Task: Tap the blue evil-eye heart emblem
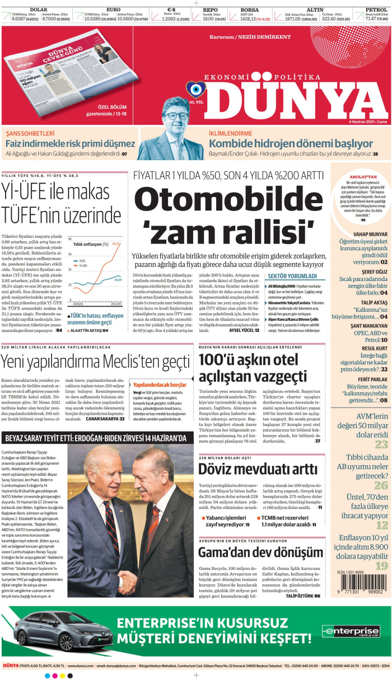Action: pos(195,89)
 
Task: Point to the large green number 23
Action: pos(381,444)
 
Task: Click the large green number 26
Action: pos(381,485)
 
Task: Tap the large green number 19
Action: pos(381,566)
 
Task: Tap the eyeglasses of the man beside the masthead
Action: pos(177,116)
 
